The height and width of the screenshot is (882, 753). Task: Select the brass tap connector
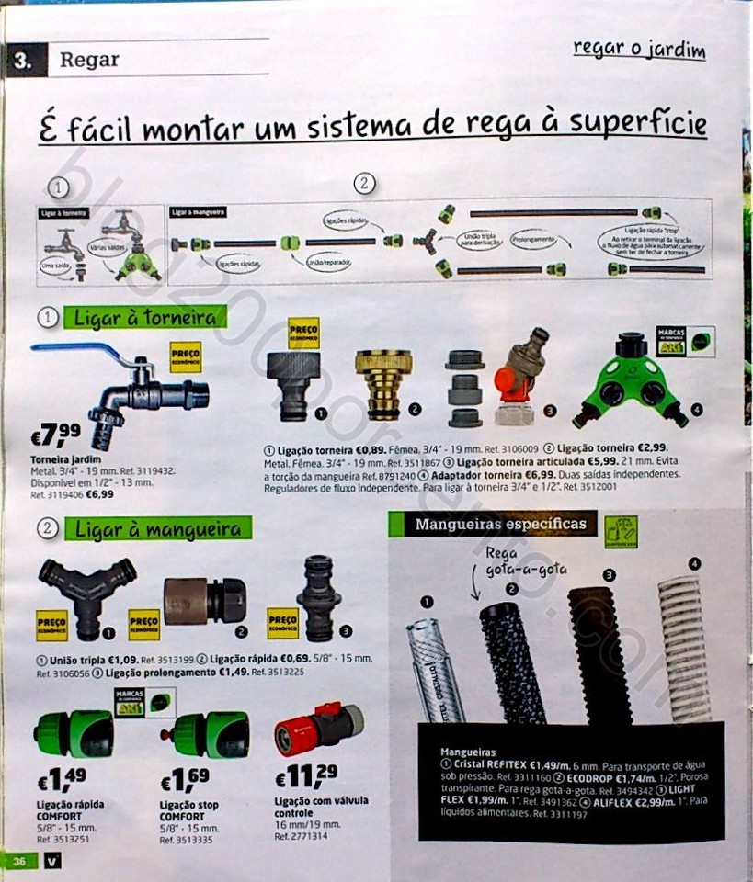(x=383, y=382)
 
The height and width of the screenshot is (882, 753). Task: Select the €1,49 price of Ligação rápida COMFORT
(x=62, y=780)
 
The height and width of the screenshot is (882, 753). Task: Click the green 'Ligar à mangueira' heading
(x=157, y=529)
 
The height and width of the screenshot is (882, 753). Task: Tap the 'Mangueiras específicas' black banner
(x=500, y=525)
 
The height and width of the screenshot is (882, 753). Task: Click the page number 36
(x=19, y=860)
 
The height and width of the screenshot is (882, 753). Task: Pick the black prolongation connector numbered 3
(x=318, y=597)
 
